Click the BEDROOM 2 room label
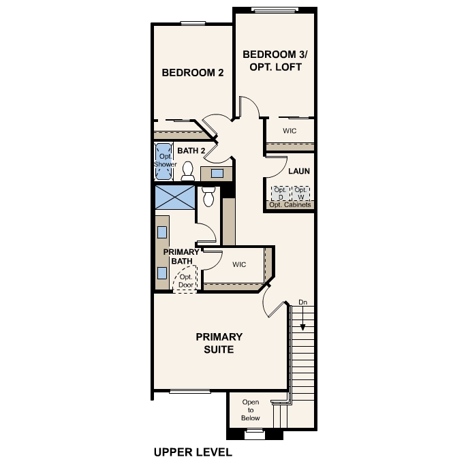pyautogui.click(x=192, y=73)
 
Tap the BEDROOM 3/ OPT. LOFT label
pyautogui.click(x=272, y=60)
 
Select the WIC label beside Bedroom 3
pyautogui.click(x=290, y=130)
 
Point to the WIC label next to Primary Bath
pyautogui.click(x=238, y=264)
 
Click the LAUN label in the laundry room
pyautogui.click(x=299, y=171)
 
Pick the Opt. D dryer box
pyautogui.click(x=279, y=193)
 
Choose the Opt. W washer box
pyautogui.click(x=300, y=193)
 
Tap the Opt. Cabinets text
pyautogui.click(x=290, y=205)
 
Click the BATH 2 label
pyautogui.click(x=191, y=151)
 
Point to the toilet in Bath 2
pyautogui.click(x=188, y=171)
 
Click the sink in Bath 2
pyautogui.click(x=217, y=173)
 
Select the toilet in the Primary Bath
pyautogui.click(x=208, y=196)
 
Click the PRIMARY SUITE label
pyautogui.click(x=219, y=343)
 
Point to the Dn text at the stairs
pyautogui.click(x=302, y=302)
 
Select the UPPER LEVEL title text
pyautogui.click(x=193, y=452)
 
